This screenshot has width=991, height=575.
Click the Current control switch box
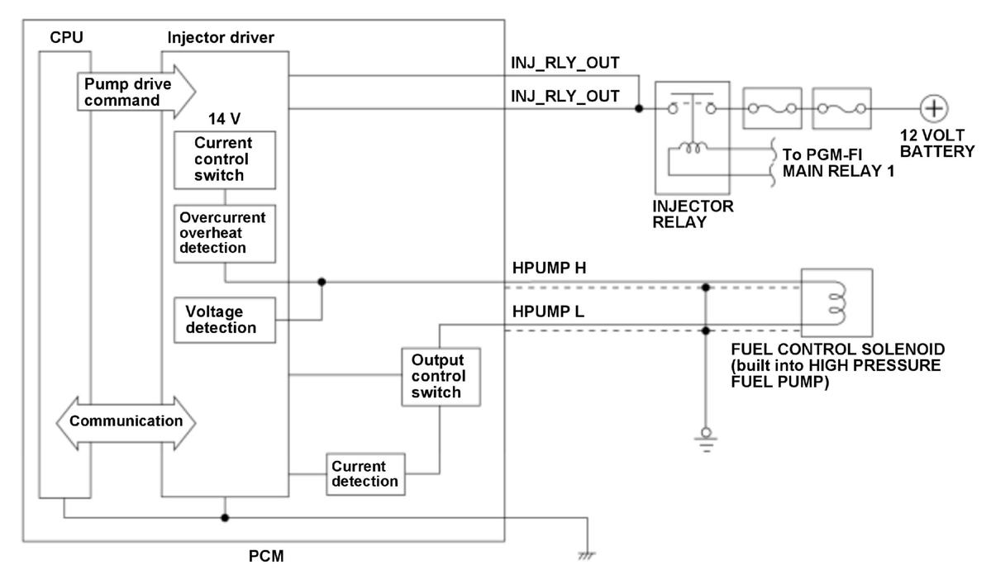(x=225, y=160)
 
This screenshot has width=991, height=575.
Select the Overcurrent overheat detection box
(x=225, y=233)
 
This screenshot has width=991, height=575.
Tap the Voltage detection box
(x=225, y=321)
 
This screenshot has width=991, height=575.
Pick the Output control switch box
(x=441, y=377)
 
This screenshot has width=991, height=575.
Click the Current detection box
(x=365, y=474)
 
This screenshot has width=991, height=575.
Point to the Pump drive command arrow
(x=136, y=93)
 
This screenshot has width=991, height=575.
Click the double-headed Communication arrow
(x=126, y=423)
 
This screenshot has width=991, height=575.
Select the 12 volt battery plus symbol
(x=933, y=108)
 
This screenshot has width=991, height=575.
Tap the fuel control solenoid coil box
(x=836, y=302)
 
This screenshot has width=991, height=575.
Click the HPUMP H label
(x=549, y=268)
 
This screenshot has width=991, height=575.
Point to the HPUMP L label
(x=548, y=311)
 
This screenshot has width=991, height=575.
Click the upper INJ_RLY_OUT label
(x=565, y=63)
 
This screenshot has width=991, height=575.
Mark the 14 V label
(x=224, y=119)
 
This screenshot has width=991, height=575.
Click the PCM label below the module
(x=266, y=556)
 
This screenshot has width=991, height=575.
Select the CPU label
(x=66, y=38)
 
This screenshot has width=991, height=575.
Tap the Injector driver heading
(x=221, y=38)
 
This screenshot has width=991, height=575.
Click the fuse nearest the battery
(x=841, y=109)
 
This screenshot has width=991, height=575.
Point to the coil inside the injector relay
(x=693, y=149)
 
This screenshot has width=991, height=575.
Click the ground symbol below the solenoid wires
(x=706, y=440)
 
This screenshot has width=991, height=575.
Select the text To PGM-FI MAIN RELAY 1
(x=838, y=163)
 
